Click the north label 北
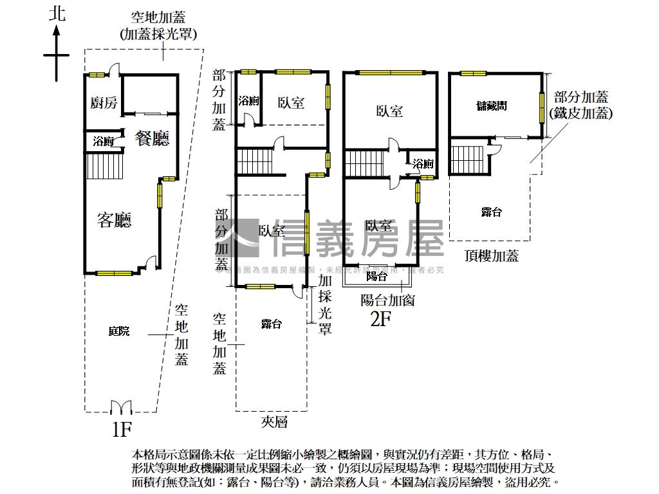(57, 14)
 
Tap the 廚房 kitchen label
(104, 103)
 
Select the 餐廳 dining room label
(152, 138)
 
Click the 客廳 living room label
(115, 221)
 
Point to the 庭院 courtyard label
(118, 331)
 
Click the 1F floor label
(121, 429)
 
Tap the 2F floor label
(381, 318)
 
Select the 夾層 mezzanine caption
(274, 422)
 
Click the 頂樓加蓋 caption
(492, 256)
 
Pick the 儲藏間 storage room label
(491, 105)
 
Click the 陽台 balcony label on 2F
(376, 277)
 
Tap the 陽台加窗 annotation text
(387, 299)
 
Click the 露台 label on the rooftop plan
(491, 213)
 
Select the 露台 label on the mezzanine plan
(271, 324)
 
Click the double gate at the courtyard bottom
(121, 407)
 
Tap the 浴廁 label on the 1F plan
(103, 142)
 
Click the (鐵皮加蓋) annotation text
(581, 113)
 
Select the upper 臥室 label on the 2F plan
(389, 111)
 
